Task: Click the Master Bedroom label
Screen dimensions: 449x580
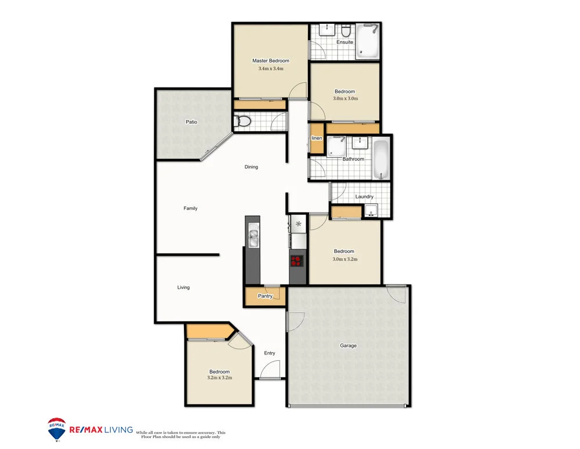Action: point(270,61)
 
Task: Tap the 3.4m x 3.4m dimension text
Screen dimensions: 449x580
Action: point(270,69)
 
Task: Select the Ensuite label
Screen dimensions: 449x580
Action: point(345,42)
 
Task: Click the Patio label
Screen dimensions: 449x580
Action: point(191,122)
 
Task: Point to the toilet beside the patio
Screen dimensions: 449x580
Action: point(243,122)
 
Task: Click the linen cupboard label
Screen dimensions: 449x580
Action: point(317,138)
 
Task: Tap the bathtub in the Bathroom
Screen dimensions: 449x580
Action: point(381,159)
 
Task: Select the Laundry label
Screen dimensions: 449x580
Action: point(364,197)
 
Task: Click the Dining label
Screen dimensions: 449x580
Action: point(251,167)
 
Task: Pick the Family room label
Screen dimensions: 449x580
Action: point(190,208)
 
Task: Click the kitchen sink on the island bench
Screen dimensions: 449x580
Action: point(253,236)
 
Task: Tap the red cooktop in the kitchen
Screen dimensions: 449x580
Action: point(297,260)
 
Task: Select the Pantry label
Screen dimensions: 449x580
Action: point(265,296)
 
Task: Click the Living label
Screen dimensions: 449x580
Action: point(183,288)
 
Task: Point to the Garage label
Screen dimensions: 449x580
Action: point(348,346)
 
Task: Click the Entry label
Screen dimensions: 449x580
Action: point(270,353)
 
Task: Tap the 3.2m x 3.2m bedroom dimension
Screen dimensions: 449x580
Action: point(219,378)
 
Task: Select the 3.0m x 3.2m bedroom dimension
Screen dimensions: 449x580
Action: point(345,259)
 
